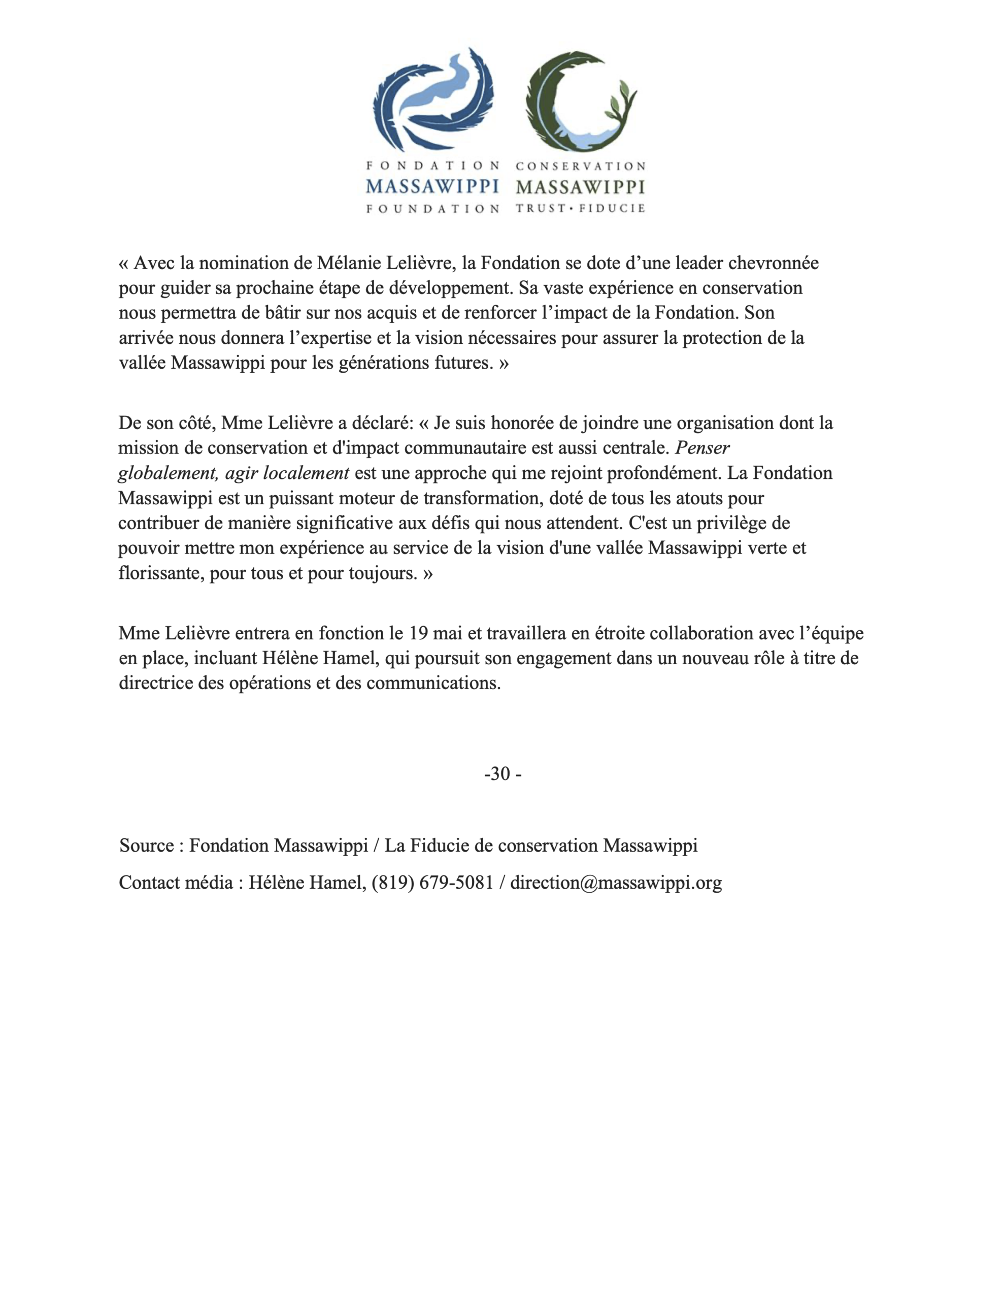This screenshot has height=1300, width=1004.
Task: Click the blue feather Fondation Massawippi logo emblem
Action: [432, 98]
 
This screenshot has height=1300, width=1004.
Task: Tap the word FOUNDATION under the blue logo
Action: [432, 208]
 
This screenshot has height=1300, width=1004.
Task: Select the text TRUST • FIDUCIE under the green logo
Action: [580, 208]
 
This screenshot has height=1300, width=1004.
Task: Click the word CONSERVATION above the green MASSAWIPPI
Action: [580, 166]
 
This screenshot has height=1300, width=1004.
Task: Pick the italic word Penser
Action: [702, 447]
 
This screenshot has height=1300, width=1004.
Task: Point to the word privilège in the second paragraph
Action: [738, 523]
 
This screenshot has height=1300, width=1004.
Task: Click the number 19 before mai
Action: [419, 633]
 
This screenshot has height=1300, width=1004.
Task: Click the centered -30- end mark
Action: [503, 774]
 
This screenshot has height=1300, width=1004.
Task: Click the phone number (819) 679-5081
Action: [432, 883]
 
